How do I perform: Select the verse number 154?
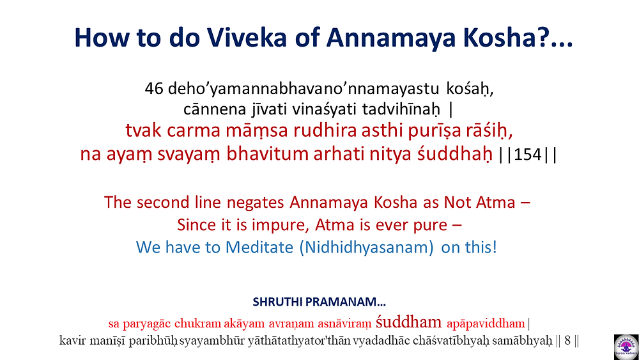[527, 155]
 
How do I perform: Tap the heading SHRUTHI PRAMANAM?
[319, 302]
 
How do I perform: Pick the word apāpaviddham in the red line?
[486, 324]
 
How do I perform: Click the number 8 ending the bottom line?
[567, 341]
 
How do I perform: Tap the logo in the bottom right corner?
[626, 347]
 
